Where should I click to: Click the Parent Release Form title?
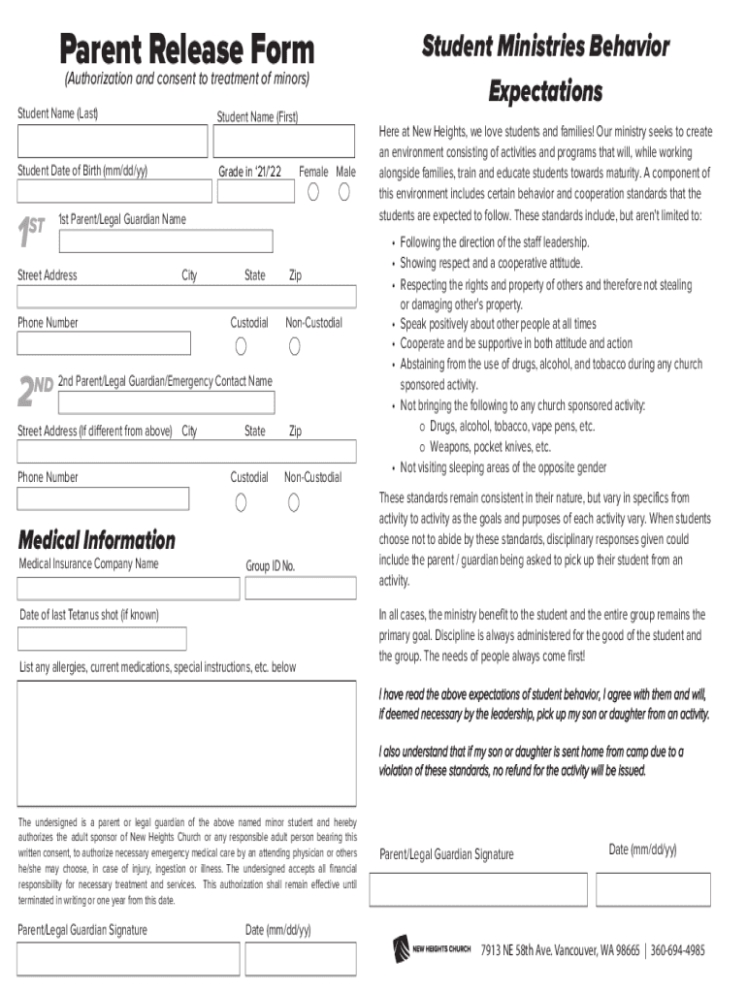click(187, 48)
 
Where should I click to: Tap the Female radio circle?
click(313, 191)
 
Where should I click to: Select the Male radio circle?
click(344, 191)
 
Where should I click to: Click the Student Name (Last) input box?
click(112, 142)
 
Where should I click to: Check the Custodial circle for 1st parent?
click(241, 346)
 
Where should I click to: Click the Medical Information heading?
click(97, 540)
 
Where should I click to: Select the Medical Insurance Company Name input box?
click(128, 589)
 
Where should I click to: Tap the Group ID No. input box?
click(300, 589)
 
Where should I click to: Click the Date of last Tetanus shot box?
click(102, 638)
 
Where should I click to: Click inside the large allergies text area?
click(186, 742)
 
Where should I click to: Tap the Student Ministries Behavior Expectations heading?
click(545, 69)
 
